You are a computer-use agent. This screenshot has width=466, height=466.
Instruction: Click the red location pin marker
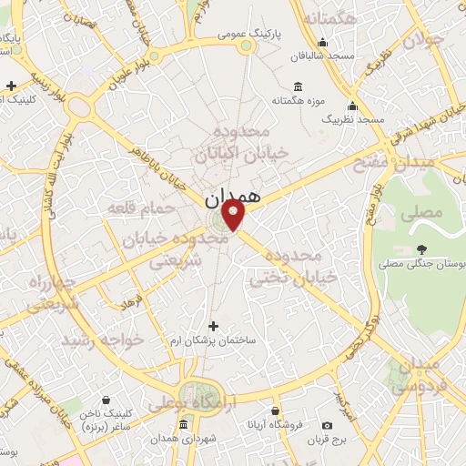pos(234,215)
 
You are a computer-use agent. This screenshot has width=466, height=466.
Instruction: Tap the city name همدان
pos(232,195)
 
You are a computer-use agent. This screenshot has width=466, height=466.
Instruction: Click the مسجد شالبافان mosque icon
pos(322,42)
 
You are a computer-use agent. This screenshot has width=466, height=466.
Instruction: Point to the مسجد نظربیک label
pos(359,119)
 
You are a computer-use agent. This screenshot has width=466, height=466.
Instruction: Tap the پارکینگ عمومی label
pos(249,35)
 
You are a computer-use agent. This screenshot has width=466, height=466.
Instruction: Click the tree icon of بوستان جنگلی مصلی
pos(420,248)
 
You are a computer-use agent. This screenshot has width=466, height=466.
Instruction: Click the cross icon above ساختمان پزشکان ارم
pos(214,326)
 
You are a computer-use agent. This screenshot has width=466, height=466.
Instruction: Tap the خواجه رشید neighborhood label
pos(103,339)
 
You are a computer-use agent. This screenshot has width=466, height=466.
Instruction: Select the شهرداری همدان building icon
pos(184,425)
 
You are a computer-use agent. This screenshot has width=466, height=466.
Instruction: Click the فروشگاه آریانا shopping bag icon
pos(274,410)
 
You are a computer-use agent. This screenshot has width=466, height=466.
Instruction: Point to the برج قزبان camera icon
pos(327,425)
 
